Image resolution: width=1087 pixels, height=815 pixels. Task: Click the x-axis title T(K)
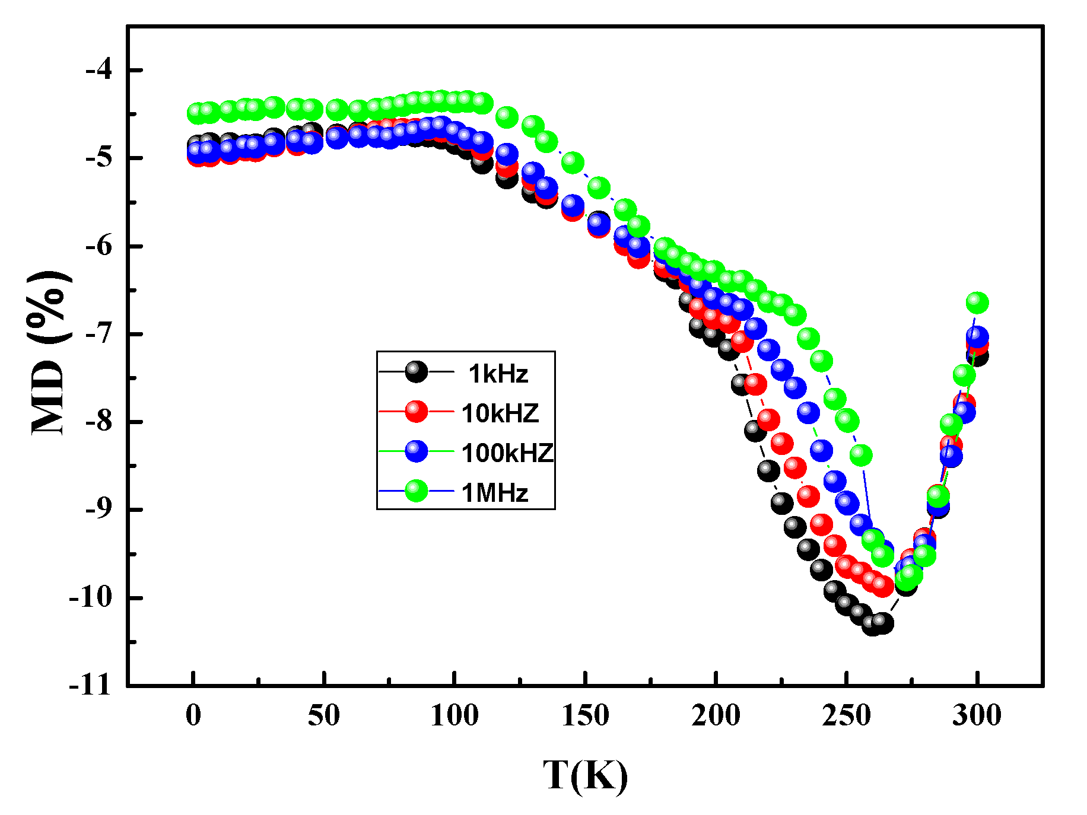point(585,775)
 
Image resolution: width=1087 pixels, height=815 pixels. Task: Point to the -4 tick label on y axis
point(98,70)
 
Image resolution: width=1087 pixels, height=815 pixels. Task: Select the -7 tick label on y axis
point(98,334)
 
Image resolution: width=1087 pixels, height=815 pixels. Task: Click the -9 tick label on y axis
point(98,510)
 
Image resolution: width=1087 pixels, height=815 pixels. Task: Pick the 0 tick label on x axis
point(193,715)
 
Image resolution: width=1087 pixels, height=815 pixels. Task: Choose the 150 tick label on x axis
point(585,715)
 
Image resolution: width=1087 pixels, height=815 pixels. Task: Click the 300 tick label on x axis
point(977,715)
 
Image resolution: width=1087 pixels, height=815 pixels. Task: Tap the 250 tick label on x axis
point(847,715)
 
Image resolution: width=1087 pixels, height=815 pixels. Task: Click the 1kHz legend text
point(498,374)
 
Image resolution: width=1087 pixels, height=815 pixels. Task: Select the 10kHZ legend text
point(500,413)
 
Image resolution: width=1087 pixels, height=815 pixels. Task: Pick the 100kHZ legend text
point(507,453)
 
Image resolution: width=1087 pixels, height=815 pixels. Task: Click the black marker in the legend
point(416,371)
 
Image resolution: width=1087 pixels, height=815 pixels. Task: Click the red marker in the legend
point(416,411)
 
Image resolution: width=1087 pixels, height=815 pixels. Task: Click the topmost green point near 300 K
point(977,303)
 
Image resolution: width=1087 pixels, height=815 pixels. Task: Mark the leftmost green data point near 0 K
point(197,112)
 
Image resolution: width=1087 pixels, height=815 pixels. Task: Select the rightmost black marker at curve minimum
point(883,623)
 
